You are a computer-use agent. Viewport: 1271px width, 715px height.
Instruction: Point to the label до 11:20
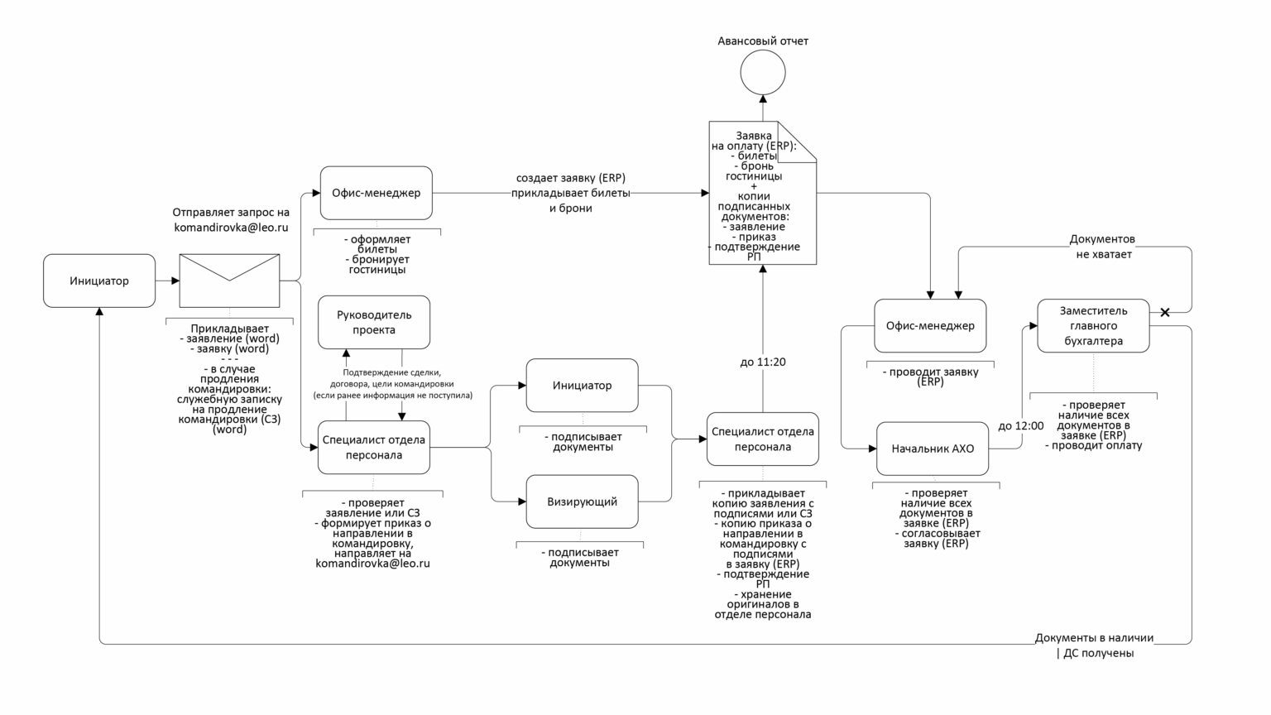pos(763,362)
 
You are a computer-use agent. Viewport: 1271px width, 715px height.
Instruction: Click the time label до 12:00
pos(1020,425)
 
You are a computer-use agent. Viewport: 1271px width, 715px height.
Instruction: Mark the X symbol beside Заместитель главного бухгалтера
pos(1165,312)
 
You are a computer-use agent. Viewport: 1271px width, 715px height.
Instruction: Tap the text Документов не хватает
pos(1103,247)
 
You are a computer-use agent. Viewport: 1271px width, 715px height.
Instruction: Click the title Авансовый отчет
pos(763,41)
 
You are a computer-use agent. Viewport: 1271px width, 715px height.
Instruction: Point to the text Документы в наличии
pos(1094,638)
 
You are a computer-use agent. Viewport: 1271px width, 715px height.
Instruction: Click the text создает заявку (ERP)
pos(571,178)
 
